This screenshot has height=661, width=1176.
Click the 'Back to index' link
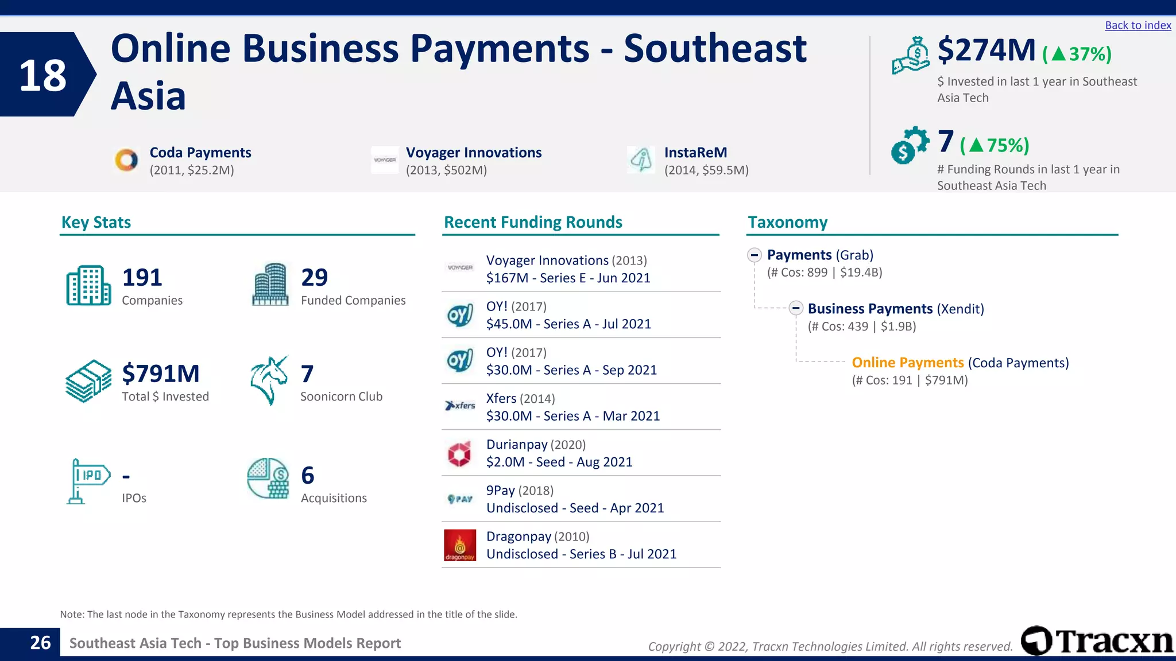pyautogui.click(x=1138, y=25)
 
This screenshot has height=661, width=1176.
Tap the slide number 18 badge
pyautogui.click(x=44, y=75)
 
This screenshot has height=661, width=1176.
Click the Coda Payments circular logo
pyautogui.click(x=126, y=160)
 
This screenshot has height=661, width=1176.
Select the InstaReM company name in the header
pyautogui.click(x=695, y=153)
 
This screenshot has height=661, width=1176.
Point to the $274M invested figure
pyautogui.click(x=986, y=50)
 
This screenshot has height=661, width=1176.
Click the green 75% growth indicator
pyautogui.click(x=995, y=145)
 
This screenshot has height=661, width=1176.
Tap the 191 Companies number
pyautogui.click(x=142, y=278)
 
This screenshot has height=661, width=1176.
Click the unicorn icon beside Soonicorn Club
pyautogui.click(x=269, y=380)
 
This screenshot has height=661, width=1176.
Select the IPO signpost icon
pyautogui.click(x=87, y=481)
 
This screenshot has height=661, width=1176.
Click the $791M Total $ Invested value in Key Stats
pyautogui.click(x=161, y=374)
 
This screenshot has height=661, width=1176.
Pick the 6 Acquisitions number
pyautogui.click(x=308, y=476)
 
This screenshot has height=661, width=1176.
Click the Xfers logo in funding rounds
pyautogui.click(x=460, y=406)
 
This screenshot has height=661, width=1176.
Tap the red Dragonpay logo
pyautogui.click(x=460, y=545)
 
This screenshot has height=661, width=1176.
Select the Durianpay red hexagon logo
pyautogui.click(x=459, y=454)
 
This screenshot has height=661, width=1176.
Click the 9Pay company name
pyautogui.click(x=500, y=491)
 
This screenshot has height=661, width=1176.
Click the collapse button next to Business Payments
pyautogui.click(x=796, y=308)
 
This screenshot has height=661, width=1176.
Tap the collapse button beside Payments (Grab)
pyautogui.click(x=755, y=255)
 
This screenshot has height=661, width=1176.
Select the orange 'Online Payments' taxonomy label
pyautogui.click(x=907, y=363)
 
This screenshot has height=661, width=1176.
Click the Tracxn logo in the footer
pyautogui.click(x=1097, y=640)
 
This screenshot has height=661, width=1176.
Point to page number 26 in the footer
pyautogui.click(x=40, y=643)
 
